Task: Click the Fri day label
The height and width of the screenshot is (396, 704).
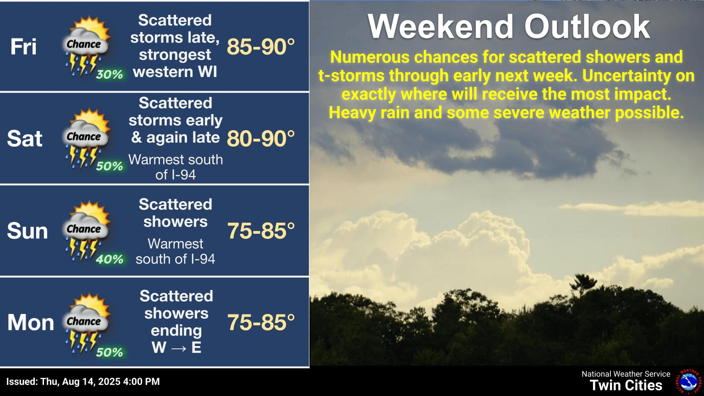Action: pyautogui.click(x=23, y=47)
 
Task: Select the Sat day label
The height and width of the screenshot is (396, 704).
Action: pyautogui.click(x=25, y=138)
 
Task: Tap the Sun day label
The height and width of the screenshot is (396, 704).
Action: pyautogui.click(x=27, y=231)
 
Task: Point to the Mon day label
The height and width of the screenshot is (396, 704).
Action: pyautogui.click(x=30, y=323)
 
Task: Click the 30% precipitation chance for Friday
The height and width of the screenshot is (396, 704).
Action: pyautogui.click(x=110, y=74)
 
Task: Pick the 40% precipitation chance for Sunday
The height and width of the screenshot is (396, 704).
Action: pyautogui.click(x=110, y=259)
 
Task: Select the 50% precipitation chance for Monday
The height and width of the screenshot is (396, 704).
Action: pyautogui.click(x=110, y=352)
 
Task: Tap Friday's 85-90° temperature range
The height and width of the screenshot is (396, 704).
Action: pyautogui.click(x=261, y=47)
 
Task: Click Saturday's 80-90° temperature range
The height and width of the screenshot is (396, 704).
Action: pyautogui.click(x=261, y=138)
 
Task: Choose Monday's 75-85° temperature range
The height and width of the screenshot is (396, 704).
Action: pyautogui.click(x=261, y=323)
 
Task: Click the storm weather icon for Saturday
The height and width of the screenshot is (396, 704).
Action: pyautogui.click(x=86, y=137)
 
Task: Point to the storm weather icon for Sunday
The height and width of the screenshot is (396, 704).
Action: pyautogui.click(x=86, y=230)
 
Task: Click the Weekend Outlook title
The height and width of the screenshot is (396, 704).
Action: pyautogui.click(x=509, y=27)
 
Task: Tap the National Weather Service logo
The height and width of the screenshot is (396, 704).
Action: pyautogui.click(x=688, y=381)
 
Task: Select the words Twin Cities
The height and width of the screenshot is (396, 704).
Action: pyautogui.click(x=626, y=385)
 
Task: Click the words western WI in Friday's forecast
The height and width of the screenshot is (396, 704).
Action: pyautogui.click(x=175, y=72)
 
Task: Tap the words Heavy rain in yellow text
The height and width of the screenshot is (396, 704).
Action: pyautogui.click(x=365, y=113)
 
